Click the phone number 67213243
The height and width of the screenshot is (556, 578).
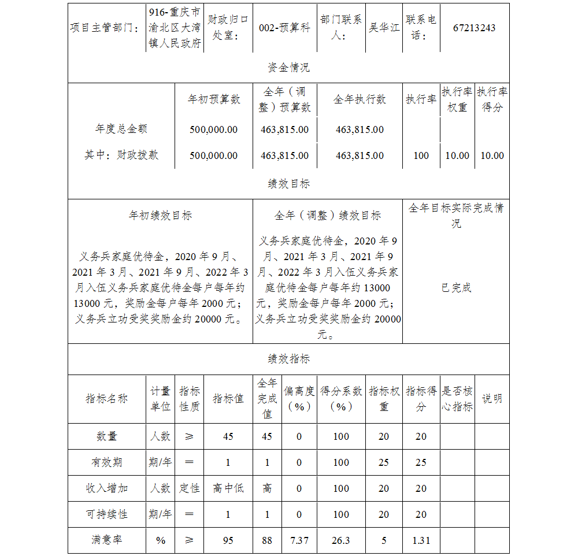pos(474,28)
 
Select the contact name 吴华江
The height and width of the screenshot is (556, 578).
pos(384,28)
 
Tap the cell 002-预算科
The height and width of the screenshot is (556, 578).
pos(284,28)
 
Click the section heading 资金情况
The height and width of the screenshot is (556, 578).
pos(288,68)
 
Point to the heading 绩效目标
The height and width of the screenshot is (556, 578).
pos(288,184)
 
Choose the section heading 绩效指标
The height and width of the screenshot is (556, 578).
pos(288,359)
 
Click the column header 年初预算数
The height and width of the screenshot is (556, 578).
pos(214,99)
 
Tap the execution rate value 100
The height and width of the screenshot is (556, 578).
pos(421,155)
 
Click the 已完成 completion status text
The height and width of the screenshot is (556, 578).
pos(456,288)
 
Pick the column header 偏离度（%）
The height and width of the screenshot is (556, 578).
pos(299,399)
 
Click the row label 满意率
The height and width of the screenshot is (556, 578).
pos(107,540)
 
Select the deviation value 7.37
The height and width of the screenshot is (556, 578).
pos(299,540)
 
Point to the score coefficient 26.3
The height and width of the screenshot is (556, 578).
pos(341,540)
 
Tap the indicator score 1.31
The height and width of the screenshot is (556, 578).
pos(421,540)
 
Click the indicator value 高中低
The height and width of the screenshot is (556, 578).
pos(228,488)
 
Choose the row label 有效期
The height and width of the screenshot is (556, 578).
pos(107,462)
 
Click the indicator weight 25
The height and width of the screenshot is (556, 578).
pos(384,462)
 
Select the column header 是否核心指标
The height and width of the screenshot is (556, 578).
pos(457,399)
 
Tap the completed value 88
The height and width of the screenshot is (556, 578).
pos(266,540)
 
